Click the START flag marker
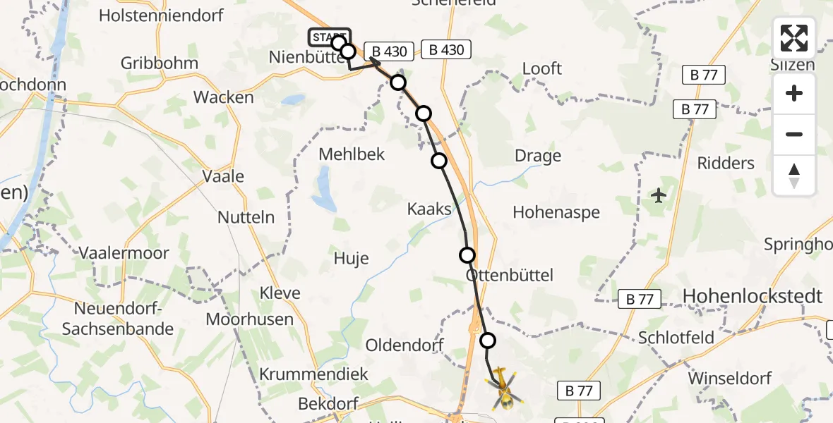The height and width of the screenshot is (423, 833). [x=328, y=37]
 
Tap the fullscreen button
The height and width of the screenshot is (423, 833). [x=794, y=38]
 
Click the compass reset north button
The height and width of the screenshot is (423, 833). [x=794, y=176]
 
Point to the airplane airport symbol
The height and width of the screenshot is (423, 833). [x=659, y=195]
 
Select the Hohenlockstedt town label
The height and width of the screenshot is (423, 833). [x=753, y=297]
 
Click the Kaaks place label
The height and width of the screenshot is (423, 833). [x=429, y=209]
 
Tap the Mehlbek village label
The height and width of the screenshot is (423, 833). [x=352, y=154]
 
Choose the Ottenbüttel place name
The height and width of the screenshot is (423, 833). [x=510, y=275]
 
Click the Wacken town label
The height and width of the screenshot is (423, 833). [x=223, y=97]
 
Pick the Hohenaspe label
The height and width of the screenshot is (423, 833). [x=556, y=212]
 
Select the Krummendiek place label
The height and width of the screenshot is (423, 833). [x=314, y=374]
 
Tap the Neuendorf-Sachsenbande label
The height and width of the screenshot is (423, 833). [x=117, y=319]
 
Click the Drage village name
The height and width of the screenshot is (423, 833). [x=538, y=156]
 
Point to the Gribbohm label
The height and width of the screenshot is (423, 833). [x=159, y=63]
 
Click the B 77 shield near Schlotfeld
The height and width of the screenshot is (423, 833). [x=639, y=299]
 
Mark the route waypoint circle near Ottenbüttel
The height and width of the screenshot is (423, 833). [x=467, y=255]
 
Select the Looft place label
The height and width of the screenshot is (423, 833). [x=542, y=68]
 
